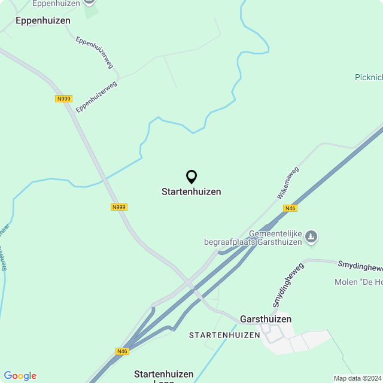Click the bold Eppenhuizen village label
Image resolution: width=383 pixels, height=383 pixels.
coord(43,20)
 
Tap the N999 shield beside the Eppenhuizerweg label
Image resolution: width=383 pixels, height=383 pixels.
coord(63,99)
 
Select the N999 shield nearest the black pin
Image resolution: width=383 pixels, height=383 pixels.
coord(119,207)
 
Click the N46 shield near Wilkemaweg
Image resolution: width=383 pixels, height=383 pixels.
coord(290,208)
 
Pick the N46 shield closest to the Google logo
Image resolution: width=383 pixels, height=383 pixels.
coord(122,351)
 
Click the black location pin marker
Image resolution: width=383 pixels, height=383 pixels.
coord(191,177)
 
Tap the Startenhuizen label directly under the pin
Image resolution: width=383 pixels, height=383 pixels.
coord(191,192)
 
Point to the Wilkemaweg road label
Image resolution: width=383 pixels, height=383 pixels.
coord(287,183)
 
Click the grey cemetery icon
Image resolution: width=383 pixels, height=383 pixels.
coord(311,238)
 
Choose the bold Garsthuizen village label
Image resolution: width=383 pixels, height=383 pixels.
coord(266,319)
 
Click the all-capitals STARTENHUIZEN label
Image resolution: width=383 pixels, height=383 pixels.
coord(224,335)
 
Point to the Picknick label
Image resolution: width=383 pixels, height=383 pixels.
coord(368,77)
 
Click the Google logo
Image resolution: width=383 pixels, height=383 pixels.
coord(20,376)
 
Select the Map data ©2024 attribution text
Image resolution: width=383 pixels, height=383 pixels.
coord(357,378)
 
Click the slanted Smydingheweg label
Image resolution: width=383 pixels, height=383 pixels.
coord(288,285)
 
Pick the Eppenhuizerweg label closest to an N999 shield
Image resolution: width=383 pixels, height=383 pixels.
coord(96,96)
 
